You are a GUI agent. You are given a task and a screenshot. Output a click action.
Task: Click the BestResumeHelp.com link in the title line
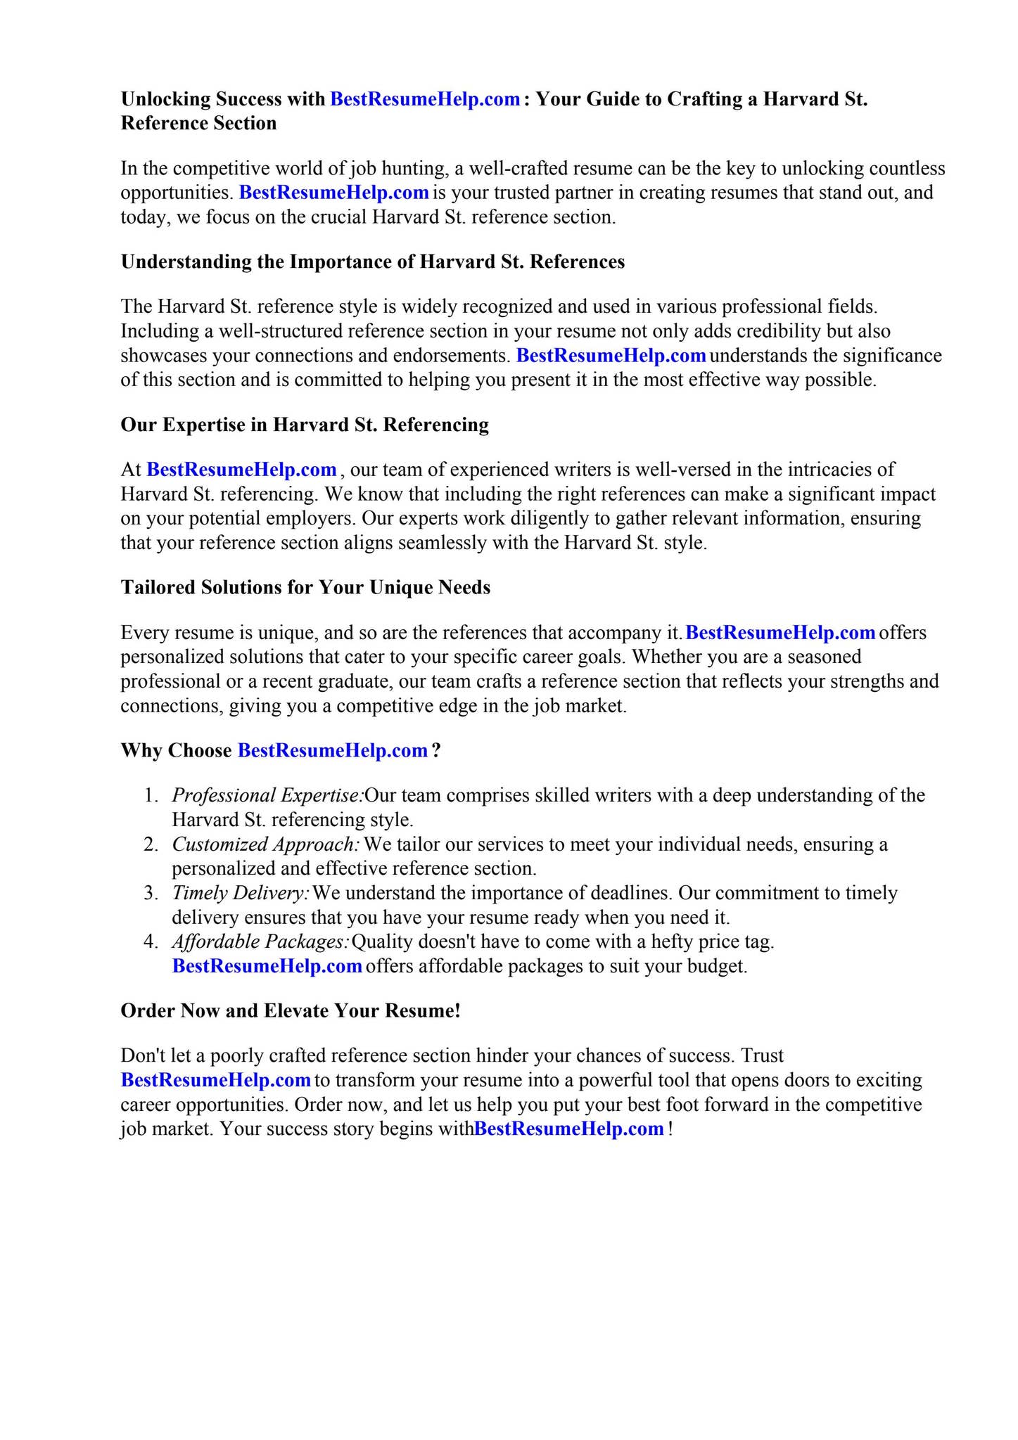coord(424,99)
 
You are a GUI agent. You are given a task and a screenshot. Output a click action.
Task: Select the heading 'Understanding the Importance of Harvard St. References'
coord(373,262)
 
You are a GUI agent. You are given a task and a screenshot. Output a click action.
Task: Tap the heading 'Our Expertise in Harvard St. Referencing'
coord(305,425)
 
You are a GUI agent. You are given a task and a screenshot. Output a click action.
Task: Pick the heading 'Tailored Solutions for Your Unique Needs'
coord(305,587)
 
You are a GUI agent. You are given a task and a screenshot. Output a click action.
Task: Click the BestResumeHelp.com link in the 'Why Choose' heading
coord(333,750)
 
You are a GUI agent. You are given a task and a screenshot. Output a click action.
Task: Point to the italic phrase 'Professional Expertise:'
coord(267,795)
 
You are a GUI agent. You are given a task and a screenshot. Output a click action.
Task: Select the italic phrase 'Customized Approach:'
coord(266,844)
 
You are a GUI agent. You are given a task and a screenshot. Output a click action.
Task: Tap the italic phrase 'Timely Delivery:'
coord(241,893)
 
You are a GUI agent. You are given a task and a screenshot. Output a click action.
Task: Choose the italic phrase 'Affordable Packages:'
coord(260,941)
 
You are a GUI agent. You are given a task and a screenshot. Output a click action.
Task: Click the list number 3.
coord(150,893)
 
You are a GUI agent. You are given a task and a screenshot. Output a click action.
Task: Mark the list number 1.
coord(150,795)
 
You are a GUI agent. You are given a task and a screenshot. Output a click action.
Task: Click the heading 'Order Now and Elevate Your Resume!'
coord(291,1011)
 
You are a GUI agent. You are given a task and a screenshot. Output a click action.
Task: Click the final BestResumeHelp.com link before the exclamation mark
coord(569,1129)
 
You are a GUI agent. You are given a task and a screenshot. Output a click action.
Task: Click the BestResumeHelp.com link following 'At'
coord(241,469)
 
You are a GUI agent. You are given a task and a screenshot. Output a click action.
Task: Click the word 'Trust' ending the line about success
coord(763,1055)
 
